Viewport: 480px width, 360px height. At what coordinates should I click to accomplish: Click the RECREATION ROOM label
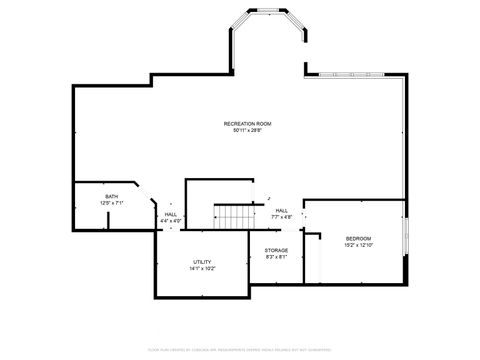pyautogui.click(x=248, y=123)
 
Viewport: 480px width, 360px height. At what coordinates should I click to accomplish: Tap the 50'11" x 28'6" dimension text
pyautogui.click(x=248, y=130)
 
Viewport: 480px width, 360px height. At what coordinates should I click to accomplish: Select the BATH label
pyautogui.click(x=111, y=197)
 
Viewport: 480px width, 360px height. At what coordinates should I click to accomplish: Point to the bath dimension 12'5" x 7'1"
pyautogui.click(x=111, y=203)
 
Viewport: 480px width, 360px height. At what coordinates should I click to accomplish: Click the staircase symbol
pyautogui.click(x=232, y=215)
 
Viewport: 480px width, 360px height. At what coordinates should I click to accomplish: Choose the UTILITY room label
pyautogui.click(x=202, y=262)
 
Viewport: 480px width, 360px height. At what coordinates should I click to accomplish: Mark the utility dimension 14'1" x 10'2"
pyautogui.click(x=202, y=268)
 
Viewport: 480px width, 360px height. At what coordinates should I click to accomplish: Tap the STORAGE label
pyautogui.click(x=276, y=250)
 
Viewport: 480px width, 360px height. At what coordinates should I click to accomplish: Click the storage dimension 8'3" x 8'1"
pyautogui.click(x=276, y=257)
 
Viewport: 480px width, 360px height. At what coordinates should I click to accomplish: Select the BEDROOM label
pyautogui.click(x=358, y=238)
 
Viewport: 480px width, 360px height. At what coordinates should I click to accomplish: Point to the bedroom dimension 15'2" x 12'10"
pyautogui.click(x=358, y=245)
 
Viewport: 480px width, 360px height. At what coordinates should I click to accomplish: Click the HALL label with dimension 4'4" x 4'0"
pyautogui.click(x=170, y=214)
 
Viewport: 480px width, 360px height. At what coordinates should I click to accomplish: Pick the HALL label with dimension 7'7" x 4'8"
pyautogui.click(x=282, y=210)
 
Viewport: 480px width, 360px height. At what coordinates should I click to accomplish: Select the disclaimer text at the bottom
pyautogui.click(x=240, y=350)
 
